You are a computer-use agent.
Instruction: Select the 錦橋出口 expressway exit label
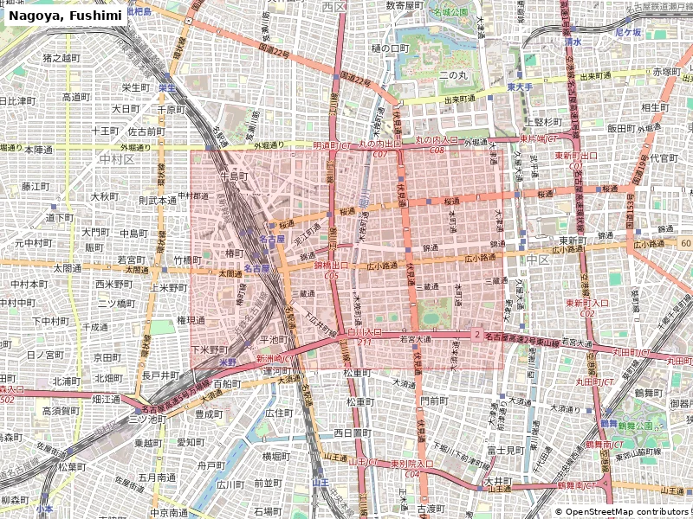(332, 266)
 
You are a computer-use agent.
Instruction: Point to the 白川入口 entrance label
(365, 331)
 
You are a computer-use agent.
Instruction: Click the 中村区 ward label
(117, 159)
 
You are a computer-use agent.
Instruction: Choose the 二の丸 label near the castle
(453, 75)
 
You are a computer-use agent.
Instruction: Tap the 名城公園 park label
(450, 12)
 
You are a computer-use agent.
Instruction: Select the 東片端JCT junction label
(538, 138)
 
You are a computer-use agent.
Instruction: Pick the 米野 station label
(228, 362)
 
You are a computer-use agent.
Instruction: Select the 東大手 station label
(520, 87)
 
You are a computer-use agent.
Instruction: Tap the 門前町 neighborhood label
(433, 400)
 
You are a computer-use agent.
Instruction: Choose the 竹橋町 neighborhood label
(187, 259)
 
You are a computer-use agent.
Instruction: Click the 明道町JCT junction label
(332, 145)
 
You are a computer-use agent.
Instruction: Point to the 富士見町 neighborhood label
(503, 450)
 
